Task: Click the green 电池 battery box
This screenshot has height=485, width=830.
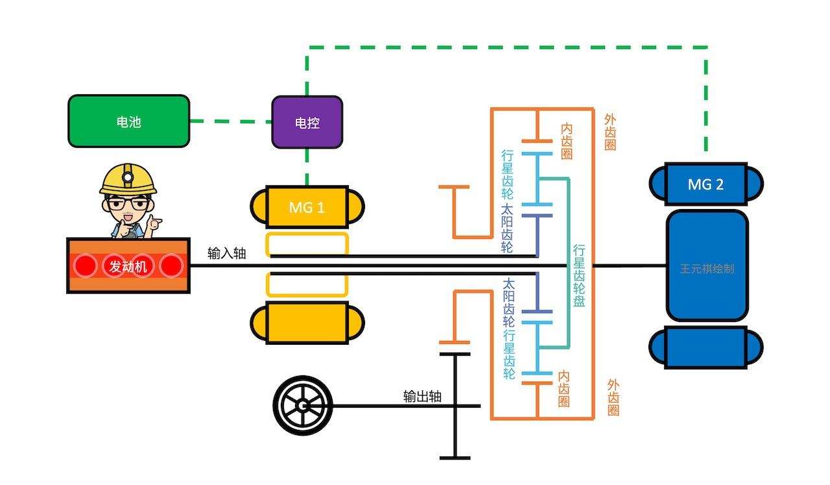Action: [x=129, y=121]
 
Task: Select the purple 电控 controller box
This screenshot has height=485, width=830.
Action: [x=307, y=122]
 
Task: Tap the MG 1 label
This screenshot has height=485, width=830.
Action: [x=307, y=208]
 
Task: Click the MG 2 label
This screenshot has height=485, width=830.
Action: [x=705, y=184]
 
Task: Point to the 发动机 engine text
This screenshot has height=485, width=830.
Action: [x=128, y=266]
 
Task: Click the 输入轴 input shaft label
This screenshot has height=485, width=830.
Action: [x=227, y=253]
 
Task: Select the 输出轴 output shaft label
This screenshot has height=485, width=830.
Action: [x=422, y=396]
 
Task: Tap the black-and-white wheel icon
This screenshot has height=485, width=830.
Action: [x=303, y=406]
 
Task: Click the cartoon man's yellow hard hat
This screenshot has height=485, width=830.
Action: [x=128, y=179]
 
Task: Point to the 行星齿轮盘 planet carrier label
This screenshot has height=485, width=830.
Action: [x=579, y=275]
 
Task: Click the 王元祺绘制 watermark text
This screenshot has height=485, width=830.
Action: [x=707, y=268]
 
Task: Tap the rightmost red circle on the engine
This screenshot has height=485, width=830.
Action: [x=171, y=266]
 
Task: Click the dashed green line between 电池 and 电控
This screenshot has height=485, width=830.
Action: [x=231, y=121]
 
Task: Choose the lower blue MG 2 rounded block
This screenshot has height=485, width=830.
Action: [x=706, y=347]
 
